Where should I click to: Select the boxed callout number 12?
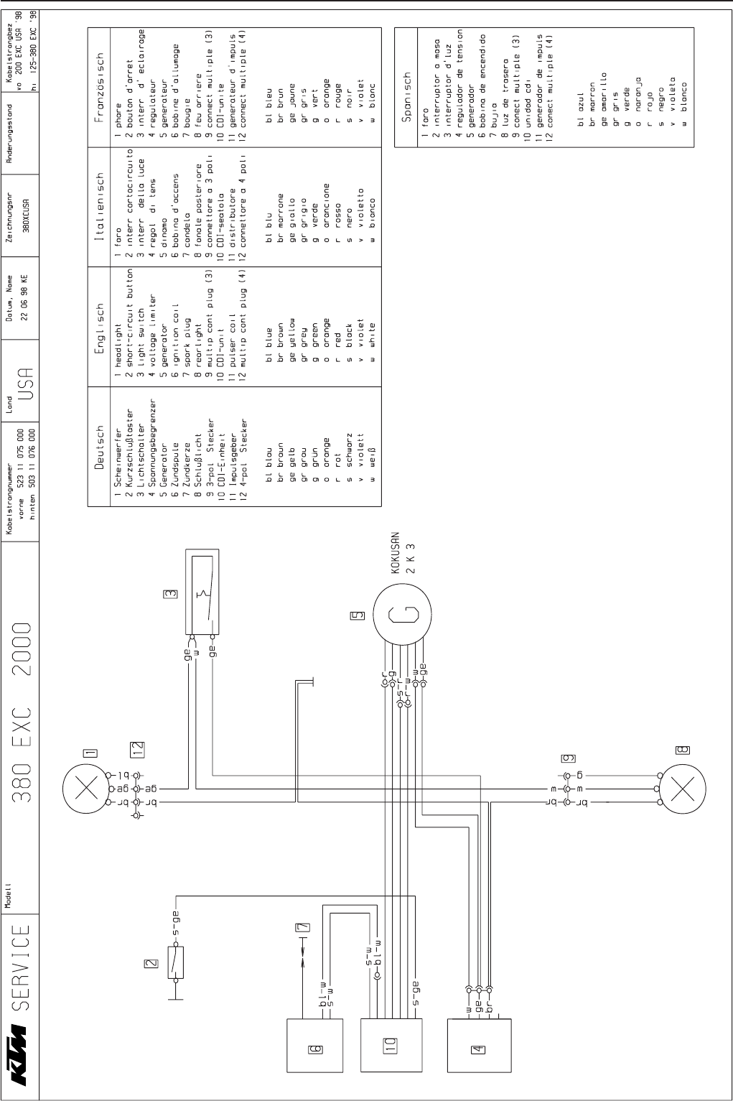pyautogui.click(x=137, y=749)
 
